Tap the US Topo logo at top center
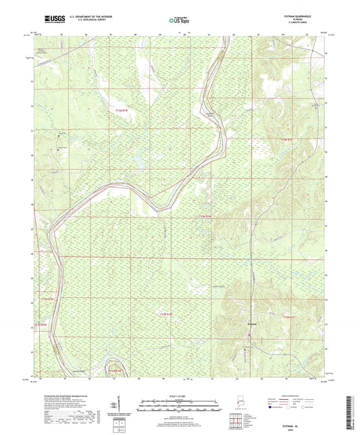tap(179, 20)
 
